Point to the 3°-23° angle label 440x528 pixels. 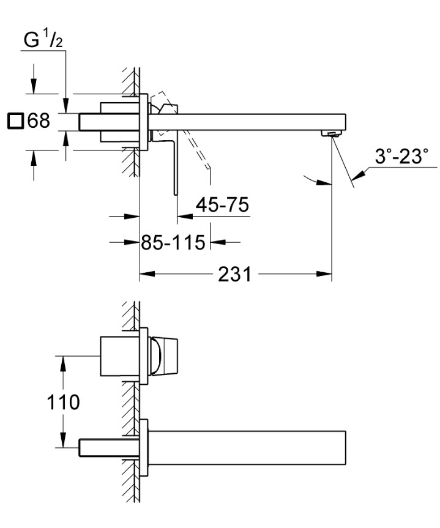401,157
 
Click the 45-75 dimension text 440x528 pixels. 222,205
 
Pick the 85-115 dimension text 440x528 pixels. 173,242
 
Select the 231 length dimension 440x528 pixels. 235,275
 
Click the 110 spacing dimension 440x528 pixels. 64,402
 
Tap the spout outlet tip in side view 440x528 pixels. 332,133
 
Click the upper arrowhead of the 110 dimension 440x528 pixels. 62,360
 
